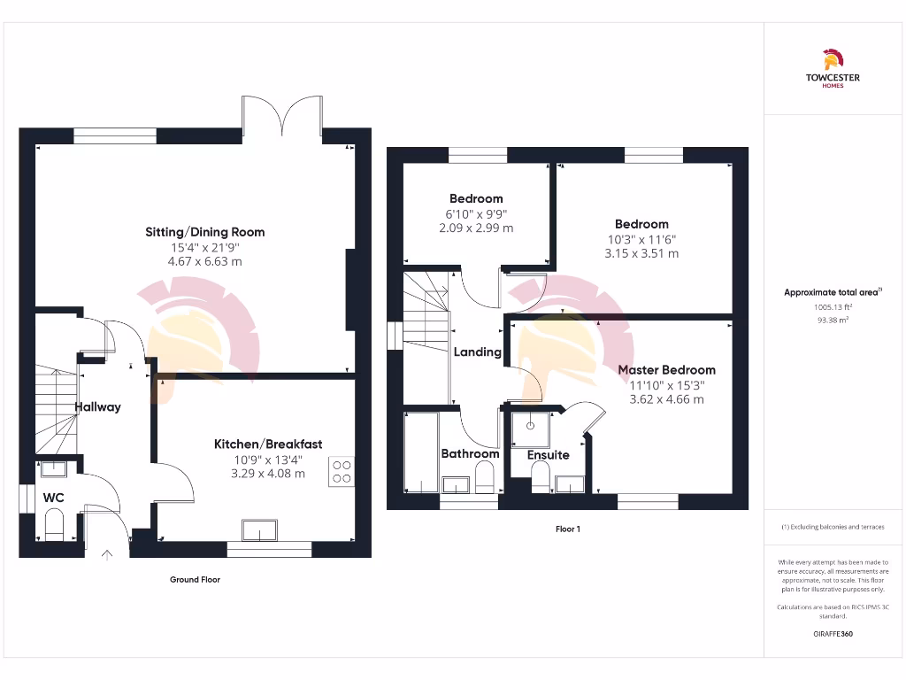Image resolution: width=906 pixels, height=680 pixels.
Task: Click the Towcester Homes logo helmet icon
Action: pyautogui.click(x=832, y=59)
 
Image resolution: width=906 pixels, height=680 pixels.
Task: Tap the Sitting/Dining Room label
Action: pyautogui.click(x=205, y=232)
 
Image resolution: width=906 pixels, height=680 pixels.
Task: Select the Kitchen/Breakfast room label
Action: pyautogui.click(x=268, y=444)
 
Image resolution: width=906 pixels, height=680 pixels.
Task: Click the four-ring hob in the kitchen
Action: pyautogui.click(x=342, y=471)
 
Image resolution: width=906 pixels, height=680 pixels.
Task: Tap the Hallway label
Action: pyautogui.click(x=97, y=407)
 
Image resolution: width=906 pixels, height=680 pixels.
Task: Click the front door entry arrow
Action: pyautogui.click(x=108, y=556)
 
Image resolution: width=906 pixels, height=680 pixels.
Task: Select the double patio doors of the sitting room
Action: pyautogui.click(x=282, y=115)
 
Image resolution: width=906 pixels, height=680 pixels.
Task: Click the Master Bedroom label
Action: pyautogui.click(x=667, y=369)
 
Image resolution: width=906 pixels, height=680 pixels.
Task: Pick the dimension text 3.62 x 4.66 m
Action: pyautogui.click(x=666, y=399)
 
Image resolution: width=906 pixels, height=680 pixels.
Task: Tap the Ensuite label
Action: pyautogui.click(x=549, y=455)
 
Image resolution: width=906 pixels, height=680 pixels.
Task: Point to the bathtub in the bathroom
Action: pyautogui.click(x=421, y=452)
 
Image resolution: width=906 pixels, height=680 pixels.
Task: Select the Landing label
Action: pyautogui.click(x=478, y=352)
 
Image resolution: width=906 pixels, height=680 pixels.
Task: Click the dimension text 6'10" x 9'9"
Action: pyautogui.click(x=476, y=213)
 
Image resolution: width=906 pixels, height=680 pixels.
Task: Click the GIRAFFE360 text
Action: pyautogui.click(x=832, y=634)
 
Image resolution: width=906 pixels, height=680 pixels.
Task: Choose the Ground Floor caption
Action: pyautogui.click(x=195, y=580)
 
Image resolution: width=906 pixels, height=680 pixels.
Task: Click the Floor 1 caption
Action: pyautogui.click(x=567, y=529)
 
